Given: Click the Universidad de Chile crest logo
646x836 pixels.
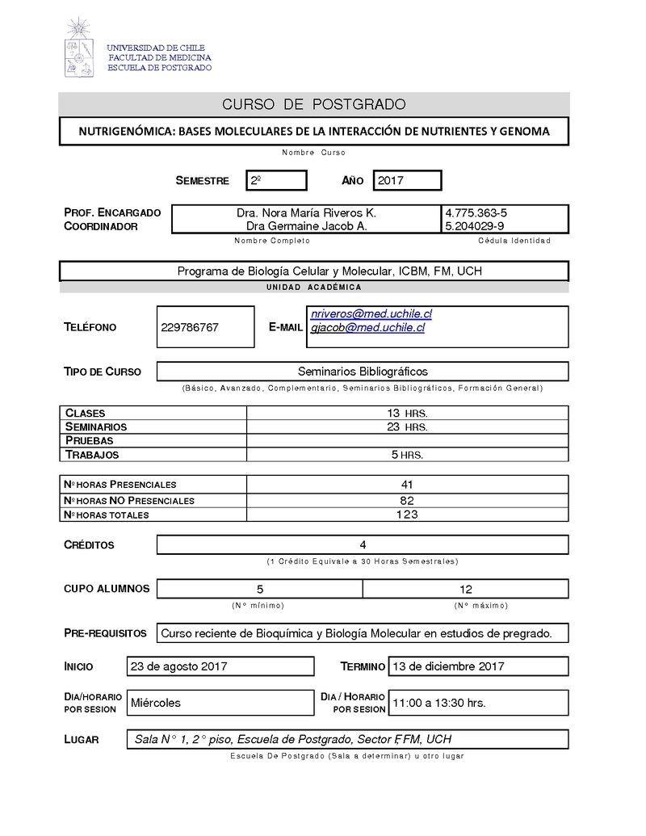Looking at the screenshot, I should click(x=78, y=48).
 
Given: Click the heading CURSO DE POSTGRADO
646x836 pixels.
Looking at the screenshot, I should click(x=313, y=105).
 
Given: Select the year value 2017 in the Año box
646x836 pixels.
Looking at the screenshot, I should click(x=390, y=181).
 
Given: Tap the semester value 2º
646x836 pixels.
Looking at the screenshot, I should click(x=254, y=181).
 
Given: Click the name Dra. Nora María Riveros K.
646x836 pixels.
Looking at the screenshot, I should click(x=306, y=212).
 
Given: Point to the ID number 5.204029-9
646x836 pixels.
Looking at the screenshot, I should click(x=475, y=226).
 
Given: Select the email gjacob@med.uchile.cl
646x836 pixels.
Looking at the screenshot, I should click(x=367, y=327).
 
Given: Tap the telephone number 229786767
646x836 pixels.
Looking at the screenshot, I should click(x=190, y=328).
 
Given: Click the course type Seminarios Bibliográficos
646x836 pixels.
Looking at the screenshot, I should click(x=363, y=372).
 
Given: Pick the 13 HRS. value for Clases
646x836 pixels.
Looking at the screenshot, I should click(x=407, y=414).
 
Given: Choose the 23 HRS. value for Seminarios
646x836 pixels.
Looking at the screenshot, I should click(x=407, y=427).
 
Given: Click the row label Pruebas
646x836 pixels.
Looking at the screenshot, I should click(x=89, y=441).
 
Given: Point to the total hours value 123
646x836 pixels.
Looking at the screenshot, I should click(x=407, y=515).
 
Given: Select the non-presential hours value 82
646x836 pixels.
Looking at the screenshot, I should click(x=407, y=501).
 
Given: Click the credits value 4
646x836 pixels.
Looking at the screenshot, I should click(x=363, y=545).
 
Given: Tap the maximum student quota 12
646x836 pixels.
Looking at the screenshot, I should click(x=466, y=589).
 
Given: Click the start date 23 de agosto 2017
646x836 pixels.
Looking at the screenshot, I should click(x=178, y=666).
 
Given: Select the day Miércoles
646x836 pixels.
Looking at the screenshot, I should click(x=156, y=703).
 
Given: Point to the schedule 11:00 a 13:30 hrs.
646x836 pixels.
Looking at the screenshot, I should click(x=438, y=703).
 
